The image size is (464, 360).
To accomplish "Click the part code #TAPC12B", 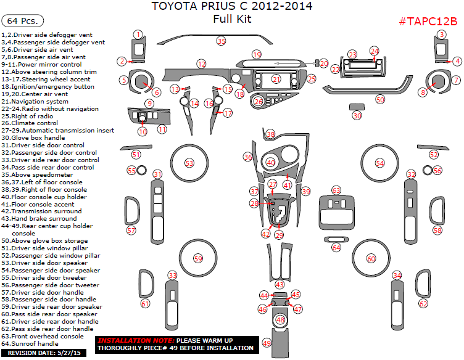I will (x=428, y=22).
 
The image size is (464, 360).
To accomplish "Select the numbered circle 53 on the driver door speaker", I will (x=189, y=163).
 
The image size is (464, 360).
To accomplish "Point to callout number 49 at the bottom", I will (x=267, y=343).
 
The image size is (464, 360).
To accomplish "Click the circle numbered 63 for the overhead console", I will (x=336, y=190).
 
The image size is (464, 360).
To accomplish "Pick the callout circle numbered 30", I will (x=357, y=115).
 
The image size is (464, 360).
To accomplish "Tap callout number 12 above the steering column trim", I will (x=201, y=63).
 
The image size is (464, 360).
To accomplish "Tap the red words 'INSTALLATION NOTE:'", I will (x=136, y=341).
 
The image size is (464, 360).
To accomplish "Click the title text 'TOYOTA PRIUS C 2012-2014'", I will (x=232, y=7).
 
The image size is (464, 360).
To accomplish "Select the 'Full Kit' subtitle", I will (x=232, y=19).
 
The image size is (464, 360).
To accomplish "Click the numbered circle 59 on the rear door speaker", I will (x=197, y=258).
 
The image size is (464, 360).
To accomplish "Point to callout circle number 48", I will (x=281, y=320).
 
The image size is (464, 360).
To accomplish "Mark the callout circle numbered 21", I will (x=276, y=80).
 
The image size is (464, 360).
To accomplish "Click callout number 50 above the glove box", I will (x=380, y=99).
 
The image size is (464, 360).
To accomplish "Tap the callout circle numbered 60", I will (x=371, y=258).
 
